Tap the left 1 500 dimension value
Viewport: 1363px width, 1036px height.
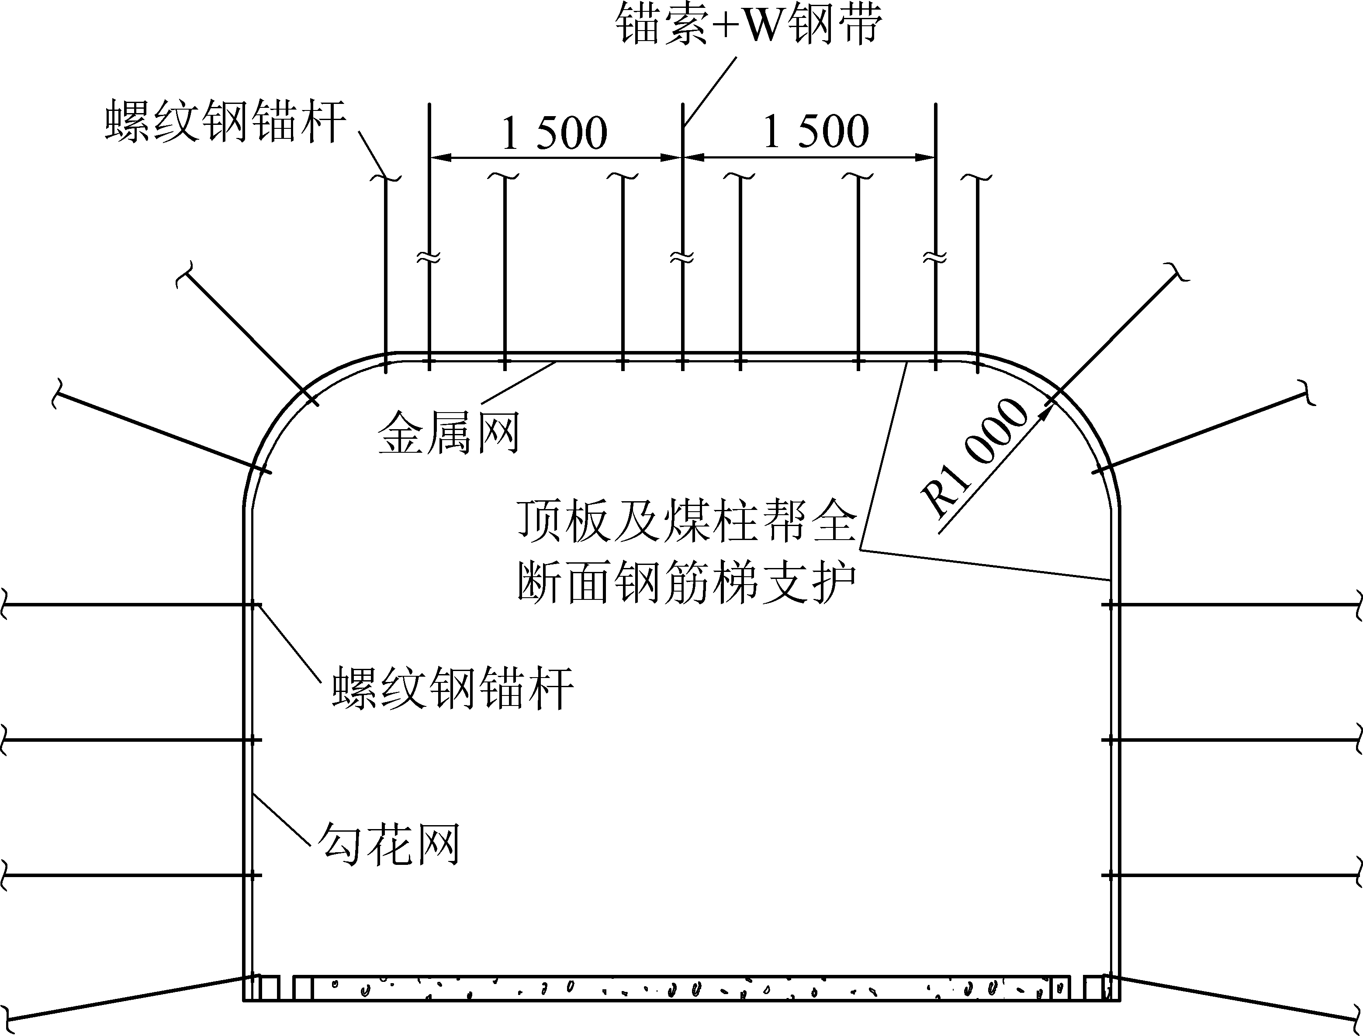[x=554, y=133]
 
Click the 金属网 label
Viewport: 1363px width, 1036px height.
[x=448, y=433]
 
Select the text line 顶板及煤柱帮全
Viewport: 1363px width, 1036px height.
[x=687, y=522]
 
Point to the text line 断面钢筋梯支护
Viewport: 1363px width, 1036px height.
[x=687, y=583]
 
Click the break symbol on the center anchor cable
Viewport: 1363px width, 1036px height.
[x=682, y=257]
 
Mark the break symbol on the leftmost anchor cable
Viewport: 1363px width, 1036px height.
[x=429, y=257]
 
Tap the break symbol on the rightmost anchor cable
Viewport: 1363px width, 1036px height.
[x=935, y=257]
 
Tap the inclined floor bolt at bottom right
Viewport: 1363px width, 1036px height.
[x=1234, y=1001]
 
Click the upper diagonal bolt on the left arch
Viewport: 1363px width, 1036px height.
[x=247, y=336]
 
